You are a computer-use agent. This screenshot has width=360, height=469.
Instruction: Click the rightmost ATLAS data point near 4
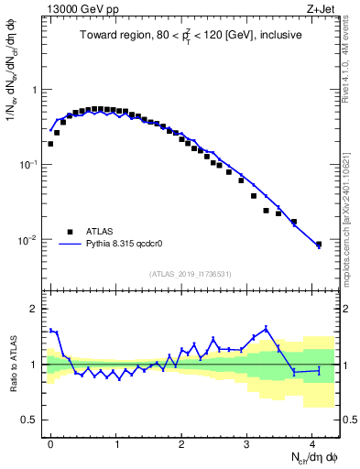(319, 245)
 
